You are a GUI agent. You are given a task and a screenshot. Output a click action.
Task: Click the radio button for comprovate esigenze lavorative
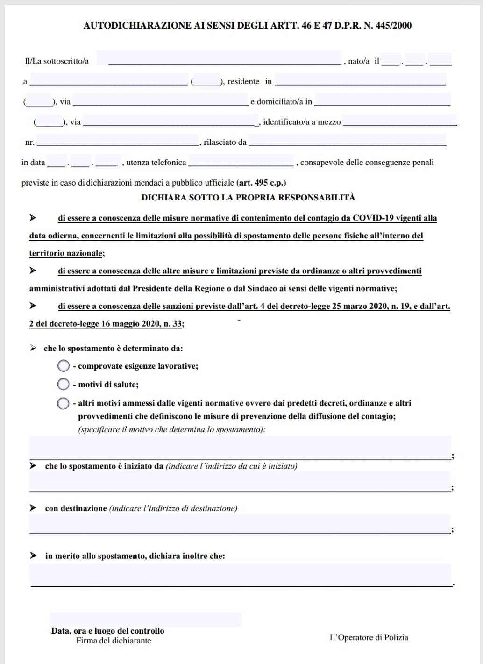pos(64,366)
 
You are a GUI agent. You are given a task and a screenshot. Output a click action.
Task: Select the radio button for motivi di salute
pos(64,384)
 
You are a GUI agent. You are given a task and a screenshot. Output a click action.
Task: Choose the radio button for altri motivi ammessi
pos(64,403)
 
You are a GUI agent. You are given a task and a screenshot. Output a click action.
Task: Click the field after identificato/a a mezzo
pos(399,121)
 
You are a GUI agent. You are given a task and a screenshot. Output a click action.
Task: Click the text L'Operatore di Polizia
pos(369,637)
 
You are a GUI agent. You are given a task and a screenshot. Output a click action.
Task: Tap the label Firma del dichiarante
pos(114,641)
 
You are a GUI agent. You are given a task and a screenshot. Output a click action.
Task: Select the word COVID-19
pos(372,218)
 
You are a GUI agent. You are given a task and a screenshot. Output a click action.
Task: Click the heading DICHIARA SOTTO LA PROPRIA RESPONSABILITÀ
pos(248,197)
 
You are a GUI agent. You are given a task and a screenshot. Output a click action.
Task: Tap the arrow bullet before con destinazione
pos(33,508)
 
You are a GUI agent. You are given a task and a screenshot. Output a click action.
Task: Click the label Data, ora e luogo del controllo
pos(107,631)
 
